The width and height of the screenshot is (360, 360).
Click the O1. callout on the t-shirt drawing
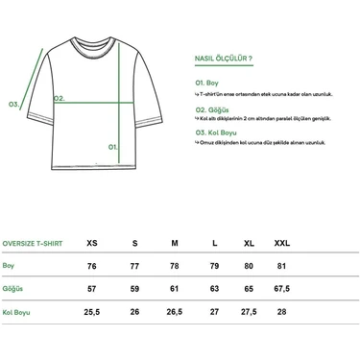pyautogui.click(x=112, y=147)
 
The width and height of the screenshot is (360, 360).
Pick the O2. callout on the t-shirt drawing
pyautogui.click(x=59, y=97)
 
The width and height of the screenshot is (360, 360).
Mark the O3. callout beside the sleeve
pyautogui.click(x=13, y=104)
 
